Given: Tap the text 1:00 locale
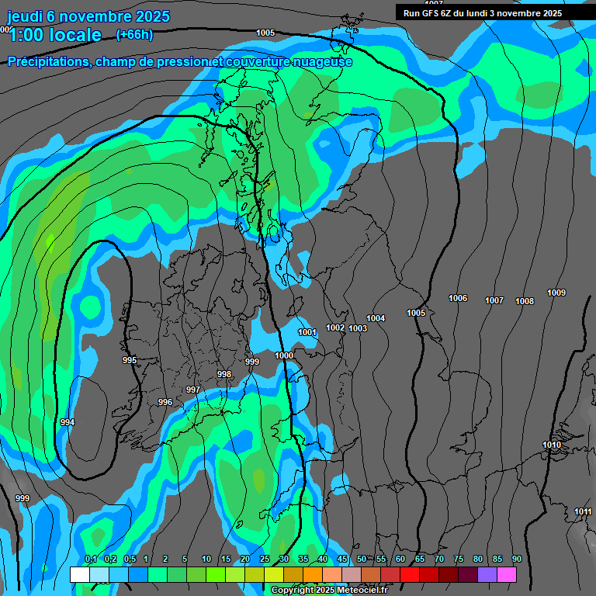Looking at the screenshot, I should click(x=55, y=35).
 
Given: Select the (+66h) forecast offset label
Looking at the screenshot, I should click(x=134, y=34).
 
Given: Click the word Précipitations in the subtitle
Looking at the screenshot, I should click(x=46, y=61).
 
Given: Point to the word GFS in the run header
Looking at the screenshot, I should click(x=442, y=12).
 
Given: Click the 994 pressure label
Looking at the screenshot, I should click(x=68, y=422).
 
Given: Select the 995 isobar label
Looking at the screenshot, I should click(x=130, y=360).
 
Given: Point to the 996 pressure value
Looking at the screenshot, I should click(x=165, y=402).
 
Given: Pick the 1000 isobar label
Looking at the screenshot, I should click(x=285, y=355).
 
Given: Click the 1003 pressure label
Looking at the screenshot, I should click(x=358, y=328).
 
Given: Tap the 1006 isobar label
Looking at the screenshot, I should click(x=458, y=299).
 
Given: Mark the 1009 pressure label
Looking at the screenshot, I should click(x=556, y=293).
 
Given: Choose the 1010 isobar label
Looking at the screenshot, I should click(x=552, y=445).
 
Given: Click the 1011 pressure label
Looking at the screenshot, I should click(x=583, y=511).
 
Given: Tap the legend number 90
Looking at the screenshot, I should click(x=517, y=560).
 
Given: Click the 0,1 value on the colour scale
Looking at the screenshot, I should click(x=91, y=560).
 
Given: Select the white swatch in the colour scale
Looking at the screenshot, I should click(x=79, y=574).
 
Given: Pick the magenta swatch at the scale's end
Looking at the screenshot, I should click(x=507, y=574).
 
